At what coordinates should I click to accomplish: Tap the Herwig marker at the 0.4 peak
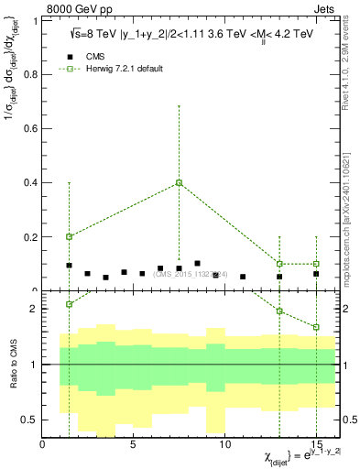pyautogui.click(x=180, y=182)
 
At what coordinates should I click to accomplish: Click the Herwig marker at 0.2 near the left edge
pyautogui.click(x=69, y=236)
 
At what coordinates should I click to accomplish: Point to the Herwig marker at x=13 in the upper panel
pyautogui.click(x=279, y=264)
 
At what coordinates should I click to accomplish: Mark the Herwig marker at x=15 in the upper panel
pyautogui.click(x=316, y=264)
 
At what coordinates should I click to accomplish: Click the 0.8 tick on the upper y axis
pyautogui.click(x=32, y=74)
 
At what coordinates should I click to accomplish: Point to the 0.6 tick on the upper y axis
pyautogui.click(x=32, y=128)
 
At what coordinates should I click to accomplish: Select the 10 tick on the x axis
pyautogui.click(x=225, y=446)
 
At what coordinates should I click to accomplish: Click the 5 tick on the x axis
pyautogui.click(x=134, y=446)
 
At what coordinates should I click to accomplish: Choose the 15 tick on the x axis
pyautogui.click(x=315, y=446)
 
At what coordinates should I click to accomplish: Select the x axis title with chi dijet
pyautogui.click(x=284, y=456)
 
